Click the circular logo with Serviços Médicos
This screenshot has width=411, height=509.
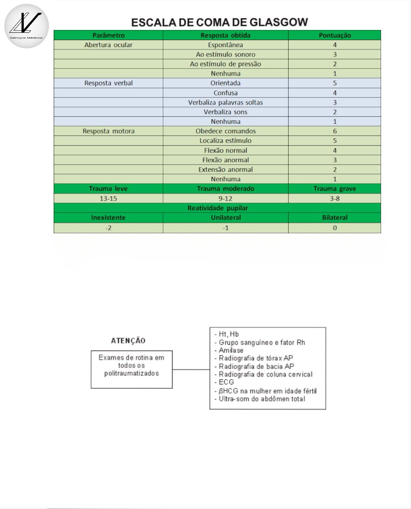coord(26,26)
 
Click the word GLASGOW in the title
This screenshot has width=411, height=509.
coord(278,22)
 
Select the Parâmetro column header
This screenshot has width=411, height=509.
coord(108,35)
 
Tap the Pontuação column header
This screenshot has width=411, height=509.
coord(334,35)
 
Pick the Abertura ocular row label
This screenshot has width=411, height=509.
coord(108,45)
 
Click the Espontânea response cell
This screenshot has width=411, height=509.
coord(225,45)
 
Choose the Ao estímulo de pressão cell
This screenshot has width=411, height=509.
coord(225,64)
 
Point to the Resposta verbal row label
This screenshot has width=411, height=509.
coord(108,83)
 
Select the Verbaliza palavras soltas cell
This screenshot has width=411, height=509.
coord(225,102)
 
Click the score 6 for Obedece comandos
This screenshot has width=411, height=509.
coord(334,131)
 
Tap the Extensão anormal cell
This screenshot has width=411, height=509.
coord(225,169)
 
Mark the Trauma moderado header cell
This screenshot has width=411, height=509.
coord(225,189)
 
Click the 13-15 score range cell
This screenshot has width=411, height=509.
coord(108,198)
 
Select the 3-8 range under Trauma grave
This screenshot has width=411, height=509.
coord(334,198)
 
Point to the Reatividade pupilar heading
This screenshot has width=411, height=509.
coord(218,208)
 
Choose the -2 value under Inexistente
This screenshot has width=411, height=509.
coord(108,228)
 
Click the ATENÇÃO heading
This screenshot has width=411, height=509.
coord(128,341)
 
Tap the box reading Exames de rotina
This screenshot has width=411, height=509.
coord(132,369)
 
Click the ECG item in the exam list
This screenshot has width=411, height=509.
coord(226,382)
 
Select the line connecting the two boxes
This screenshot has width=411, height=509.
coord(191,370)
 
